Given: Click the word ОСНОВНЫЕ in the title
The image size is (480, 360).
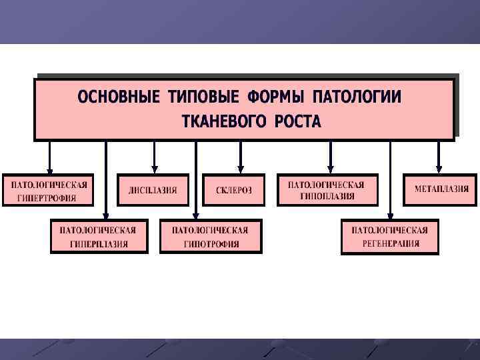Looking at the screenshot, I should [119, 97].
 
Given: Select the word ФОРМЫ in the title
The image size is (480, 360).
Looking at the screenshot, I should [275, 97].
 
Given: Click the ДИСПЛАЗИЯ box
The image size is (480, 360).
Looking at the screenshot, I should [153, 190].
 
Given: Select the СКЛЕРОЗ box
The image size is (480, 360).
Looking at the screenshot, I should [234, 190].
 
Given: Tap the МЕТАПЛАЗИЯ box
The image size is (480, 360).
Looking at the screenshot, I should [441, 189].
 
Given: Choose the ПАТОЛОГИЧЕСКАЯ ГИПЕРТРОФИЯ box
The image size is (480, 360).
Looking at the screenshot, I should [48, 190].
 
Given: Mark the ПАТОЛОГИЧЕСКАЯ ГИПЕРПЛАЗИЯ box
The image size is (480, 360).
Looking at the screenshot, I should [98, 237].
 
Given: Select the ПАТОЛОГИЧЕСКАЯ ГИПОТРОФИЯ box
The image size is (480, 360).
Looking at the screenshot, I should [211, 237].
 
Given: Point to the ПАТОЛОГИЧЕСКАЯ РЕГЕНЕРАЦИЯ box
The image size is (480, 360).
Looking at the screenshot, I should [390, 237].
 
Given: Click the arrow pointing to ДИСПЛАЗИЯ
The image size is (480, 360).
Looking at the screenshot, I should [154, 157].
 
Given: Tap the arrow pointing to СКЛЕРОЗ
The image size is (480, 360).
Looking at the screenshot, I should [241, 157].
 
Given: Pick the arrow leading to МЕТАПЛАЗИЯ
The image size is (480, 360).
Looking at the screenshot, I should [439, 157].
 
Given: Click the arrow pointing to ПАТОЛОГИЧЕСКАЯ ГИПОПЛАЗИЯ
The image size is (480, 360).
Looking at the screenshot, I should [330, 157].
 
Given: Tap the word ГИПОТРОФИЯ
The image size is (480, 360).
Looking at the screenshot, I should [211, 244].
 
